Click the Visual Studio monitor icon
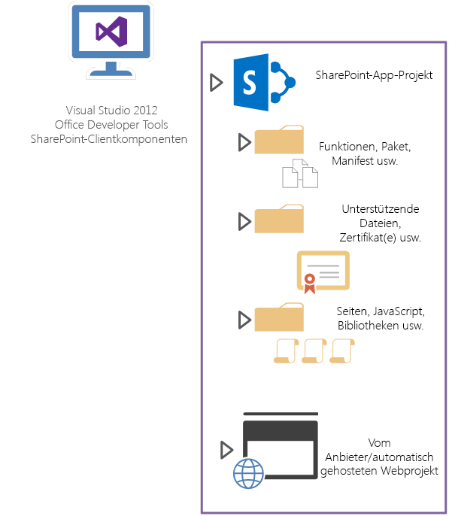pos(111,40)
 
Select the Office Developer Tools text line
pos(111,124)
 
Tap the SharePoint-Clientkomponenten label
pos(109,138)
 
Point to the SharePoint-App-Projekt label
pos(373,76)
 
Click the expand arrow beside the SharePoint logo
pos(216,83)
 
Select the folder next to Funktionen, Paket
pos(279,141)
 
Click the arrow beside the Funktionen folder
pos(244,142)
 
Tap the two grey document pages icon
pos(299,173)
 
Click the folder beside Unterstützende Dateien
pos(279,220)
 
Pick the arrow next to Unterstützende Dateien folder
pos(244,221)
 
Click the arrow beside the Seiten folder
pos(244,320)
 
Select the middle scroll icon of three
pos(314,351)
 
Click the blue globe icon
pos(250,474)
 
